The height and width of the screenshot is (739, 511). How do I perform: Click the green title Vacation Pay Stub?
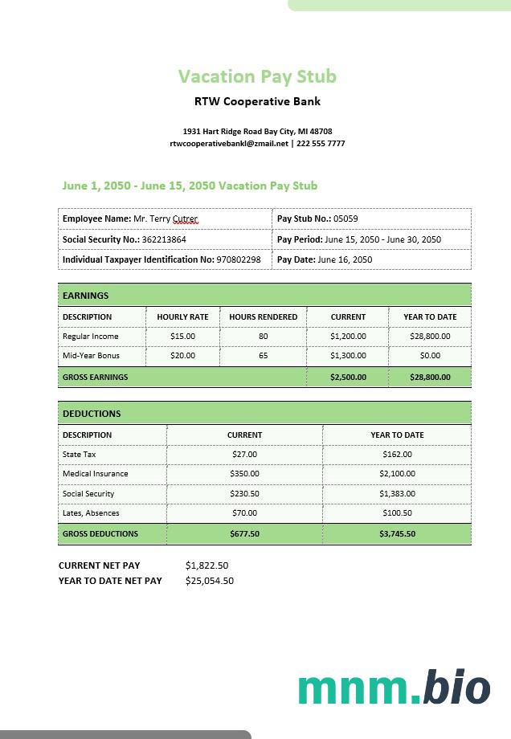point(257,76)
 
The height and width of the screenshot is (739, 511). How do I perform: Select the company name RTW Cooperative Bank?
point(257,101)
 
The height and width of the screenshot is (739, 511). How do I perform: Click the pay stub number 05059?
point(346,218)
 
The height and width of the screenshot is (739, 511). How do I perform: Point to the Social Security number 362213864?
point(165,239)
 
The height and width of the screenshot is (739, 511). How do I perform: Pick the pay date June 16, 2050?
point(345,259)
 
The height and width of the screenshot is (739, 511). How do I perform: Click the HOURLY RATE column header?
point(182,316)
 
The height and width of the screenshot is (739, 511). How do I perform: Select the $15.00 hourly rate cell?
point(182,337)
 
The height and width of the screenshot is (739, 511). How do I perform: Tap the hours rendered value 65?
point(263,356)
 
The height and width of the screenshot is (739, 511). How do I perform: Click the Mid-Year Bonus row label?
point(91,356)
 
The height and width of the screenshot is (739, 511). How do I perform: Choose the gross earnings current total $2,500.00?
point(348,377)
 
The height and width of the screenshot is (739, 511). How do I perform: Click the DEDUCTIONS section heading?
point(92,414)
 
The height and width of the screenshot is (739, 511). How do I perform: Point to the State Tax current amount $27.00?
point(244,455)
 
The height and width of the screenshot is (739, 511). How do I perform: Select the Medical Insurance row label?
point(96,474)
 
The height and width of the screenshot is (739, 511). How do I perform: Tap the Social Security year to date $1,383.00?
point(397,494)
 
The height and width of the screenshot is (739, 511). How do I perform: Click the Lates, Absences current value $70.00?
point(244,513)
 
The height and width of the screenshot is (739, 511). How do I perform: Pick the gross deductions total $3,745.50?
point(397,533)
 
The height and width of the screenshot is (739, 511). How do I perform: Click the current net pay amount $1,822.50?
point(206,565)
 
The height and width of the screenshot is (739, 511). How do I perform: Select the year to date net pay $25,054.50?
point(210,581)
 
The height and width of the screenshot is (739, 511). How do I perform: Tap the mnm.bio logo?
point(394,688)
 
